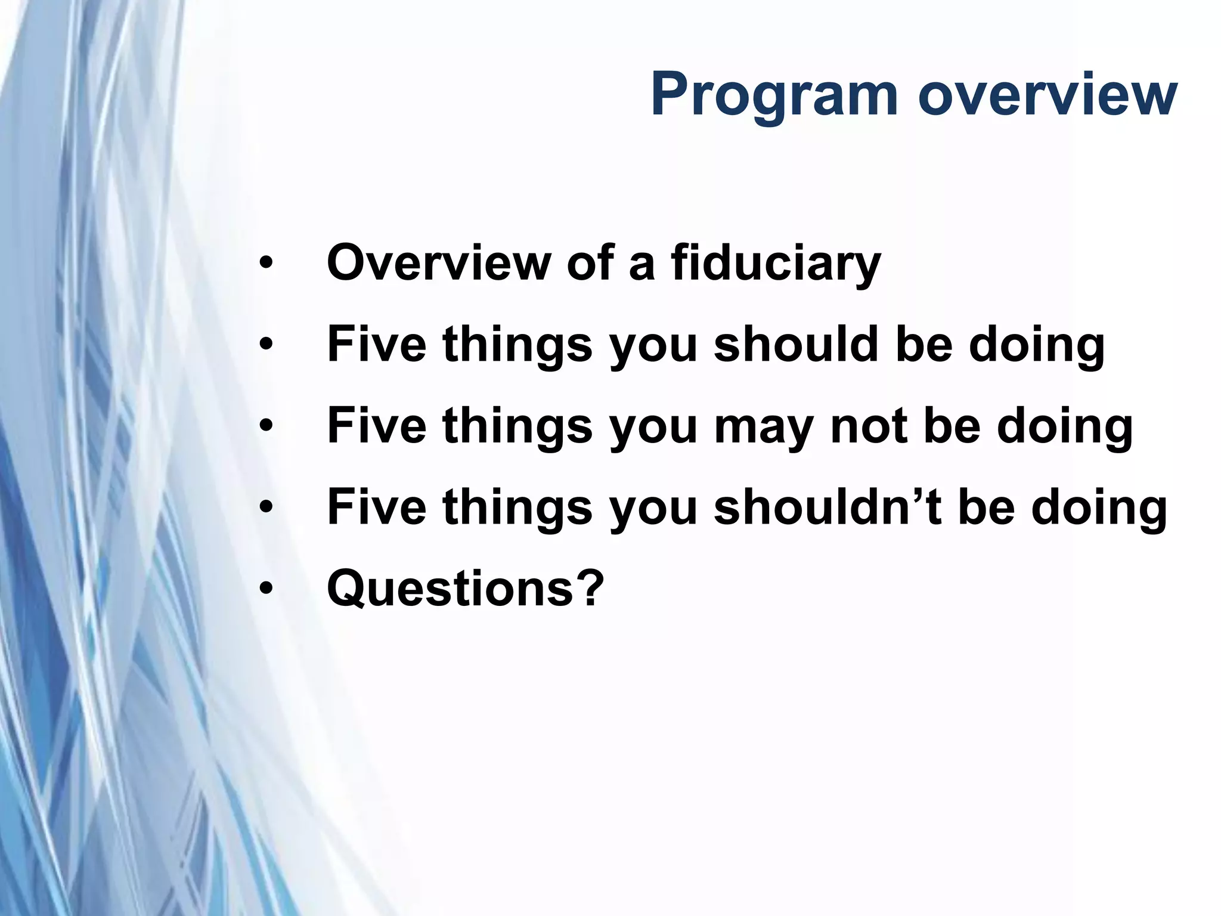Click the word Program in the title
[x=773, y=95]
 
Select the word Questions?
[x=466, y=589]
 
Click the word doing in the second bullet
[x=1037, y=346]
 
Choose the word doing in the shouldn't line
[x=1099, y=509]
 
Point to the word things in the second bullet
[x=517, y=346]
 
